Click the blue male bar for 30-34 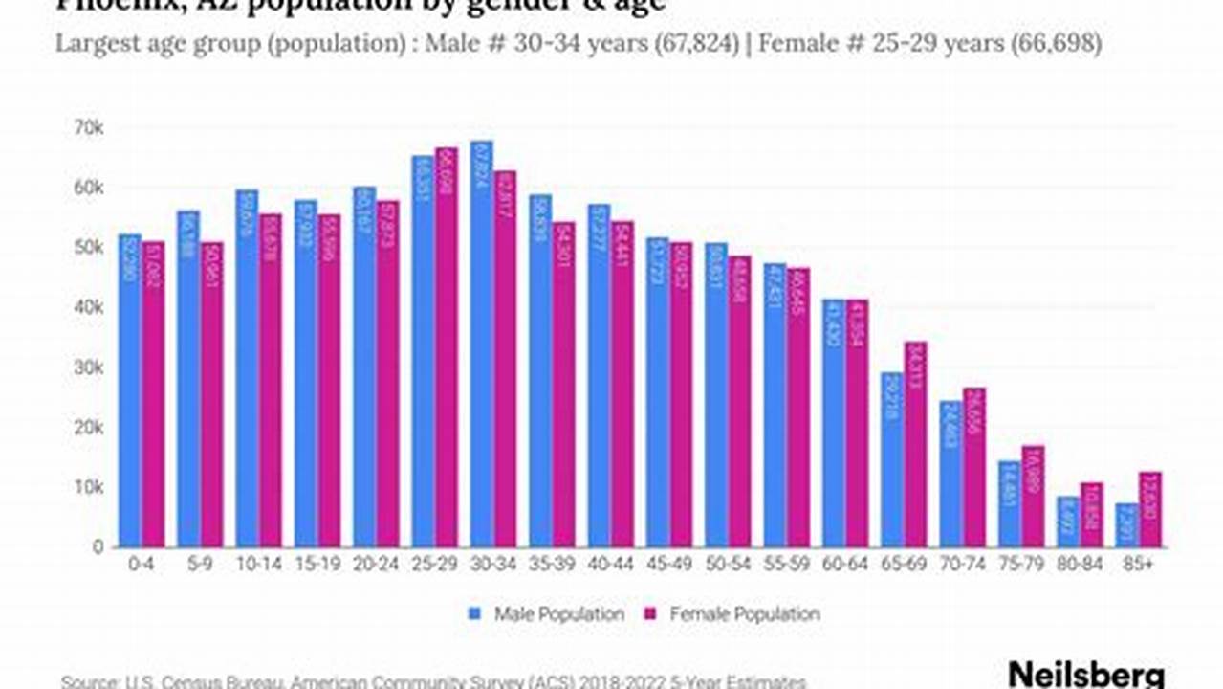click(x=482, y=344)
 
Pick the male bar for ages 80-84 click(x=1069, y=522)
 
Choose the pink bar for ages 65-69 click(x=915, y=445)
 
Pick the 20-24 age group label click(x=376, y=566)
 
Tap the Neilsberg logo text click(x=1086, y=674)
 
